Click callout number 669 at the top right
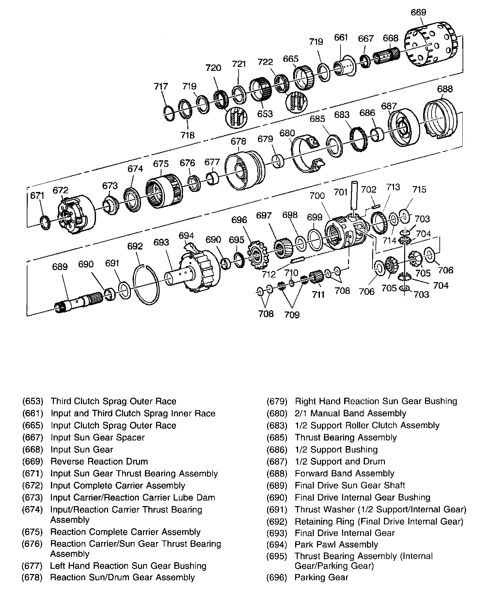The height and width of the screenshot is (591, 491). tap(418, 12)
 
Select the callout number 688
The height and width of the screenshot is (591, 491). tap(445, 89)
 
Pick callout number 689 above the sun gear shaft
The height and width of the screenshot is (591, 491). tap(60, 267)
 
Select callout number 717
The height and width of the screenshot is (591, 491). tap(161, 87)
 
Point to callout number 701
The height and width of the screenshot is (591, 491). tap(341, 192)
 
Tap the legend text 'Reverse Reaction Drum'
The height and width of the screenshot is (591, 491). tap(99, 461)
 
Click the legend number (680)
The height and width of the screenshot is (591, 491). tap(277, 413)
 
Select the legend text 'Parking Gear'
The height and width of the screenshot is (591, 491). tap(321, 577)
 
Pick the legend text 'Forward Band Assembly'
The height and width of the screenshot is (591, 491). tap(344, 473)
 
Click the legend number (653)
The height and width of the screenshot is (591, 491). tap(33, 401)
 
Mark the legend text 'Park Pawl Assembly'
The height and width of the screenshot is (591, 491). tap(336, 544)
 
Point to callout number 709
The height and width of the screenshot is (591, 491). tap(292, 314)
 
